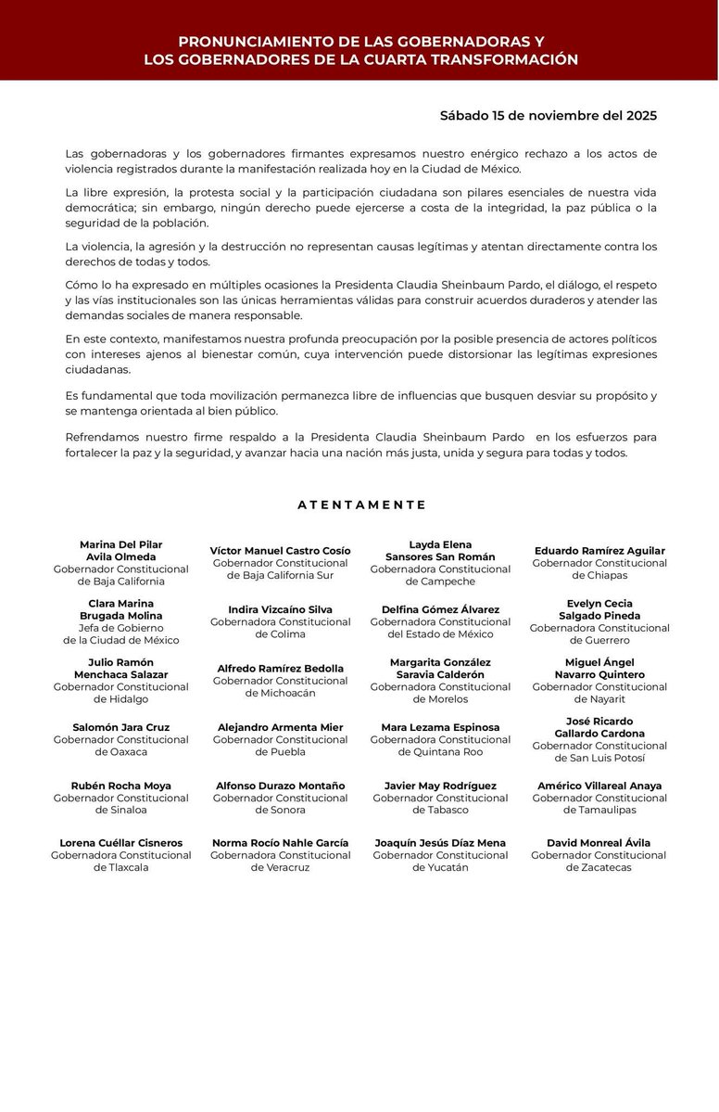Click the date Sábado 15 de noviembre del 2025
[549, 116]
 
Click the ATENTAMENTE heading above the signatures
[361, 505]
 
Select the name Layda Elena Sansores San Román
[440, 551]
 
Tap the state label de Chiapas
[599, 575]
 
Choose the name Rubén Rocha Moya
[120, 786]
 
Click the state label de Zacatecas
[599, 867]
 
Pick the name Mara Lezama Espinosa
[440, 727]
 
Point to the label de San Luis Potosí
[599, 758]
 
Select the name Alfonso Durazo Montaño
[280, 786]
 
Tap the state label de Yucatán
[440, 867]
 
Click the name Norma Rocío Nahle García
[280, 843]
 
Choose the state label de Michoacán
[280, 693]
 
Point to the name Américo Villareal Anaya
[599, 786]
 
